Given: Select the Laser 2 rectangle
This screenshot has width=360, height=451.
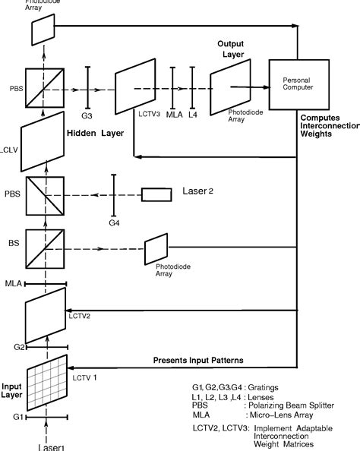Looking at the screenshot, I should [156, 194].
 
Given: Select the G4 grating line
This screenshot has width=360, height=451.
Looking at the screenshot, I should [114, 194].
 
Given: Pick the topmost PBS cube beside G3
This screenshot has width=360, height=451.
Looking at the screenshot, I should [44, 88].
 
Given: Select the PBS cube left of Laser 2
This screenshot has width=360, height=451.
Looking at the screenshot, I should [44, 194].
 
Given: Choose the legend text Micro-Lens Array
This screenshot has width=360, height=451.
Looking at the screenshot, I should [286, 416].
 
